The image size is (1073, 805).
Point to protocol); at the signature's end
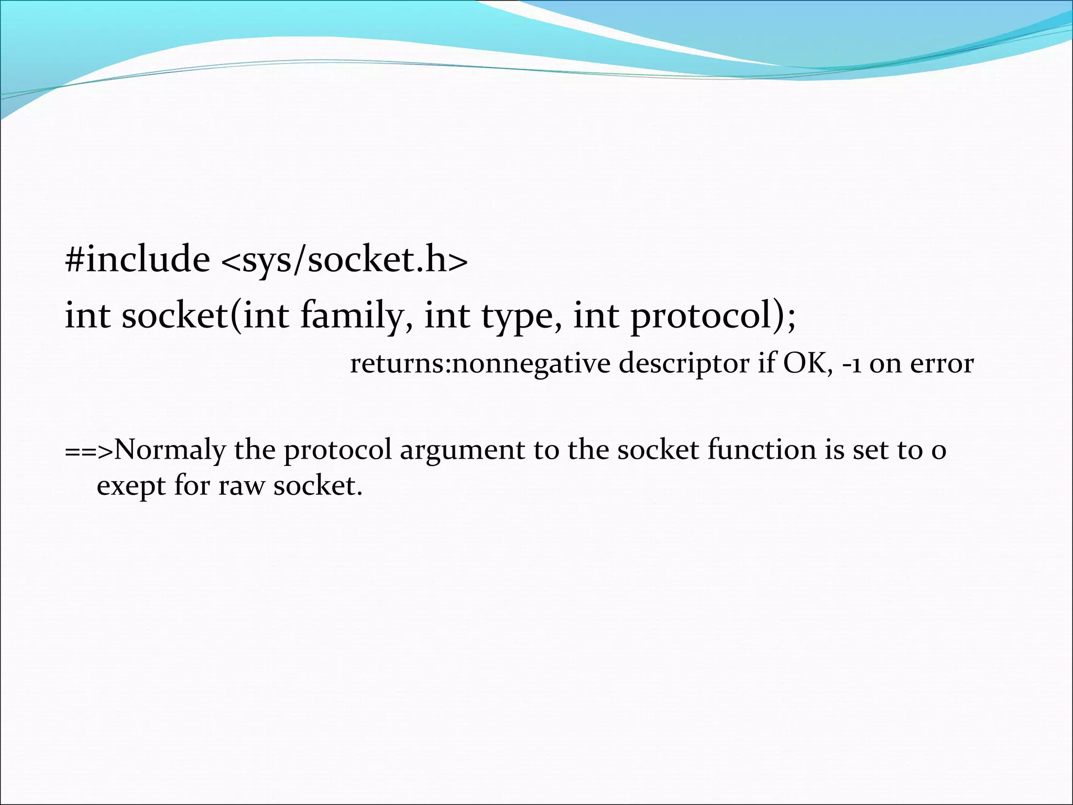point(713,318)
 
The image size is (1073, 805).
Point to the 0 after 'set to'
point(938,451)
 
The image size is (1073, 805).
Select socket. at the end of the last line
point(318,485)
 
